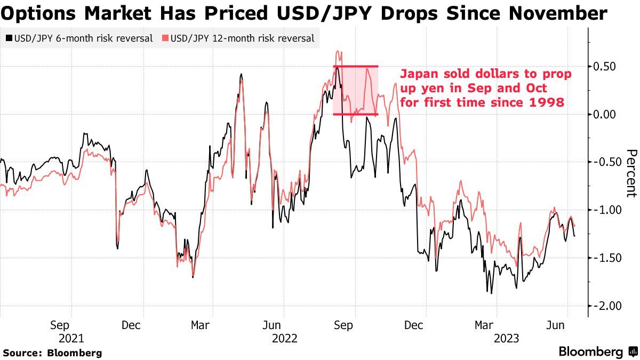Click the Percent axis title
631,173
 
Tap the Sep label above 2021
60,325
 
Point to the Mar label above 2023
484,325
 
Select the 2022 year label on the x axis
284,338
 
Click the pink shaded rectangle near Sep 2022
356,90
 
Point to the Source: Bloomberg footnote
52,353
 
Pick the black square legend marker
9,38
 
